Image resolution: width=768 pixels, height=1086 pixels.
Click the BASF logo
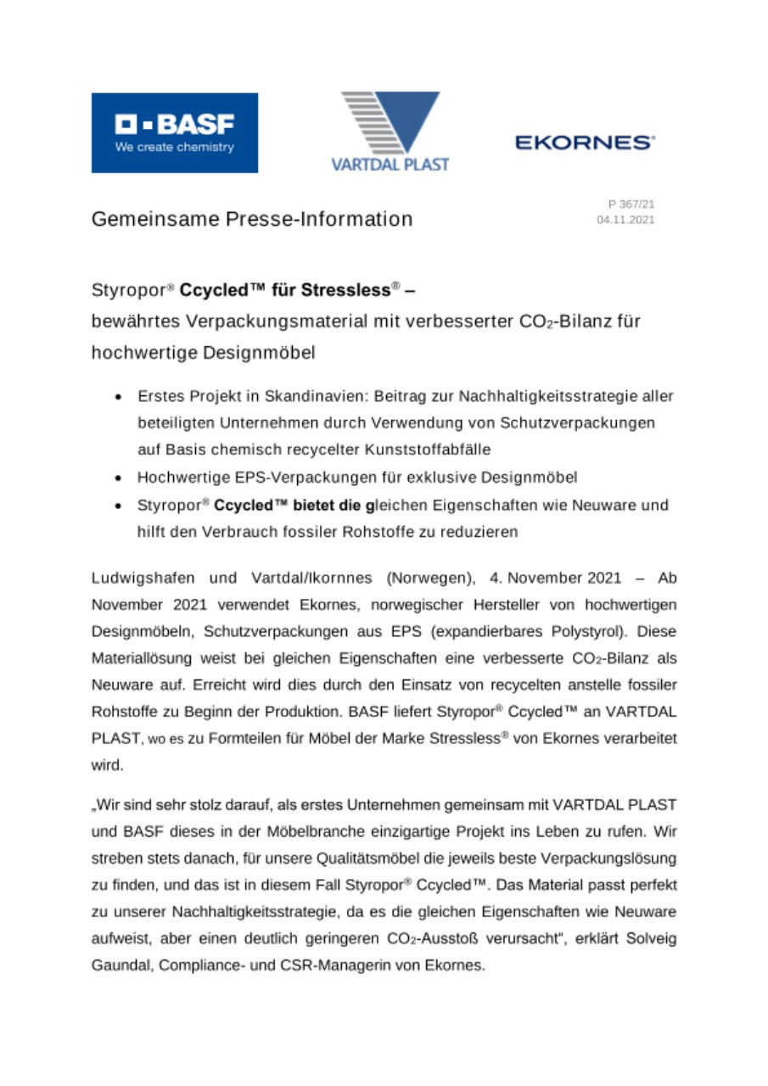point(174,132)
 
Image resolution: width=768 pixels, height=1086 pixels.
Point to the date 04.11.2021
point(626,219)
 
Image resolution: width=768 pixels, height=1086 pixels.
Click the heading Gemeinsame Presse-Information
point(252,219)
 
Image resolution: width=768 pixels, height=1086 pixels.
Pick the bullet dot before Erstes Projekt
point(121,397)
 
